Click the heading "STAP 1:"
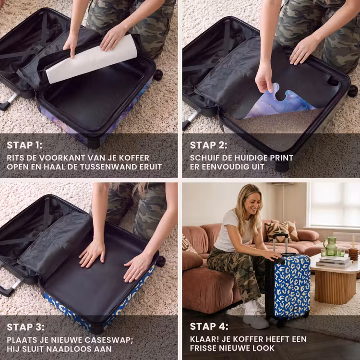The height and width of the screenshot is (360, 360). click(x=24, y=145)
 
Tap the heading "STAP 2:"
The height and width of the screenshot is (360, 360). click(x=208, y=145)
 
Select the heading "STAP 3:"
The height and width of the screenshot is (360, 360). click(x=25, y=327)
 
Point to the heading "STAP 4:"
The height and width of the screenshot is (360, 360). click(x=209, y=326)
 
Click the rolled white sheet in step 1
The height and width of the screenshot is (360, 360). click(x=92, y=59)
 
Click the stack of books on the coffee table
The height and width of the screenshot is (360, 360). click(x=334, y=262)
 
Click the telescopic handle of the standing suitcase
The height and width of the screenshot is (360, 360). click(x=280, y=243)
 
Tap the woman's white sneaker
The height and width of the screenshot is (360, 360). click(x=255, y=316)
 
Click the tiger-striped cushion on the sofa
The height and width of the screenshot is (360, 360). click(x=277, y=231)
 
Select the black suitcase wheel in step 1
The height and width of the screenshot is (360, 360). click(x=158, y=75)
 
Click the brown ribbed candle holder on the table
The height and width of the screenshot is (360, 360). click(x=353, y=254)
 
